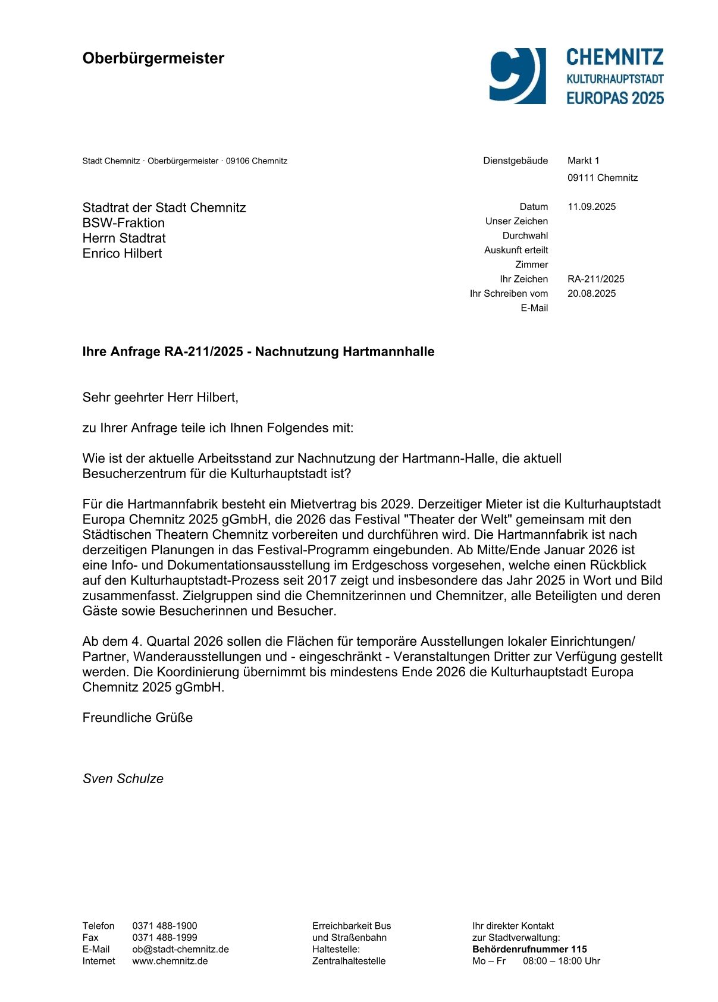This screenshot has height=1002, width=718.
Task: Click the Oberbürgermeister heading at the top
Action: click(x=153, y=58)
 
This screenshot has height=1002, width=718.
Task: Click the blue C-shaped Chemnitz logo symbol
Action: click(x=516, y=76)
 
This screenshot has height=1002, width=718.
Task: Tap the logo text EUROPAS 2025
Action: click(x=614, y=98)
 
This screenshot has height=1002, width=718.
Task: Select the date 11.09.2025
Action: click(x=591, y=207)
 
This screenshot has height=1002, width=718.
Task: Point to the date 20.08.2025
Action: click(x=591, y=294)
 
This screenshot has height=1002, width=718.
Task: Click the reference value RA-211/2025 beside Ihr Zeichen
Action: click(x=595, y=279)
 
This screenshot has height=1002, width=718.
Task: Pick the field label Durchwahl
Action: click(x=525, y=235)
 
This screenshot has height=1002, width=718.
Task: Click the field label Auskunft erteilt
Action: click(x=516, y=250)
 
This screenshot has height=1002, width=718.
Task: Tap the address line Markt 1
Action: click(x=583, y=161)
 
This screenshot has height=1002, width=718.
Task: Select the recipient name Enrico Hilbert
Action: click(x=122, y=253)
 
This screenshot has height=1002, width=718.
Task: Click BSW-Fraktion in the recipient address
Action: click(x=123, y=223)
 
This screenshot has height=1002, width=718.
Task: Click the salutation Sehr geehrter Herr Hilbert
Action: click(x=160, y=397)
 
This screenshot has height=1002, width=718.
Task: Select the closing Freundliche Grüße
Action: click(x=137, y=718)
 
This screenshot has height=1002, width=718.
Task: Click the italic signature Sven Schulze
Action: click(x=123, y=779)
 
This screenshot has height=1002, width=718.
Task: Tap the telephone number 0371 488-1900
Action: click(x=164, y=926)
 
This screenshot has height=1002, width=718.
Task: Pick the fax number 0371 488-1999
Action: click(x=164, y=938)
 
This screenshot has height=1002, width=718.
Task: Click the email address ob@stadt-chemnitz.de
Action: click(x=180, y=950)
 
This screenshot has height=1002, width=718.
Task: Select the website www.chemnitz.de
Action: click(x=170, y=961)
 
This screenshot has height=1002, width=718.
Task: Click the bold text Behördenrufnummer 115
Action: click(x=529, y=950)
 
